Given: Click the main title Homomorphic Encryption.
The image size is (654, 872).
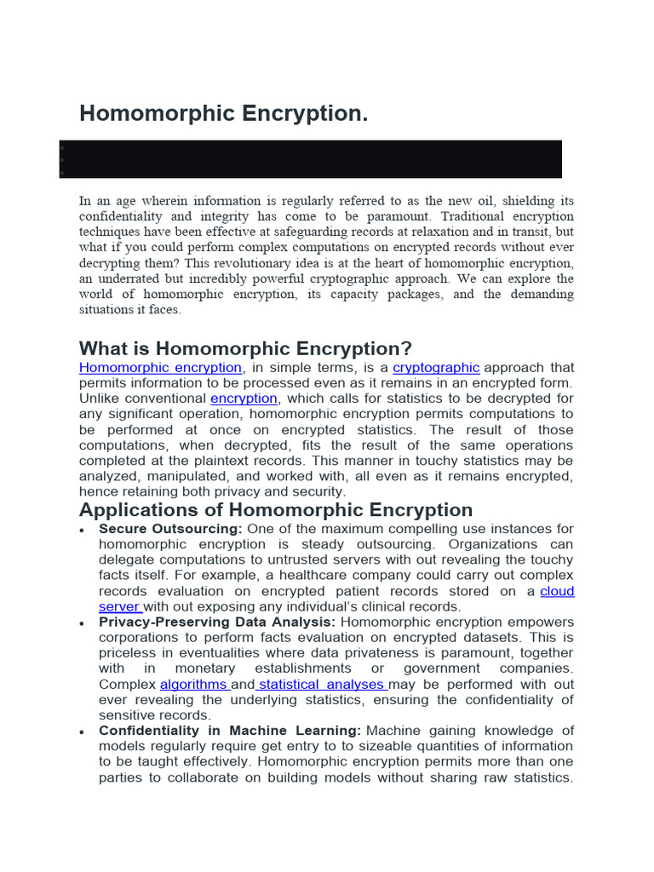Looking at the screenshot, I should [x=223, y=113].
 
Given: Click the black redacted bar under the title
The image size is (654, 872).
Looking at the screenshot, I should [x=311, y=159].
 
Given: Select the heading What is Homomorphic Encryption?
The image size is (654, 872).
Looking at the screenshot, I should [x=245, y=348].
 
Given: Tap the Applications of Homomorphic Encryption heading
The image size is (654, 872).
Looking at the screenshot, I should [x=276, y=509].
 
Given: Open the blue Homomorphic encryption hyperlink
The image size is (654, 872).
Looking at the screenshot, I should [x=160, y=368].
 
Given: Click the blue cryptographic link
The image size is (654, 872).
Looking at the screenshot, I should [x=436, y=368].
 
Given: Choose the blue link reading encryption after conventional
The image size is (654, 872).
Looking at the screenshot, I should [x=244, y=399].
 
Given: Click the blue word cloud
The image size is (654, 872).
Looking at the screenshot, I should [x=558, y=591].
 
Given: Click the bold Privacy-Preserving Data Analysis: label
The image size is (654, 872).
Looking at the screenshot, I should [x=217, y=622].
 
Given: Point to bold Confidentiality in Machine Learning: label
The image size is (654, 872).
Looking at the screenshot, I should [x=230, y=731].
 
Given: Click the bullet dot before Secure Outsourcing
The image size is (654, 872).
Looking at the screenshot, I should [x=82, y=531].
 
